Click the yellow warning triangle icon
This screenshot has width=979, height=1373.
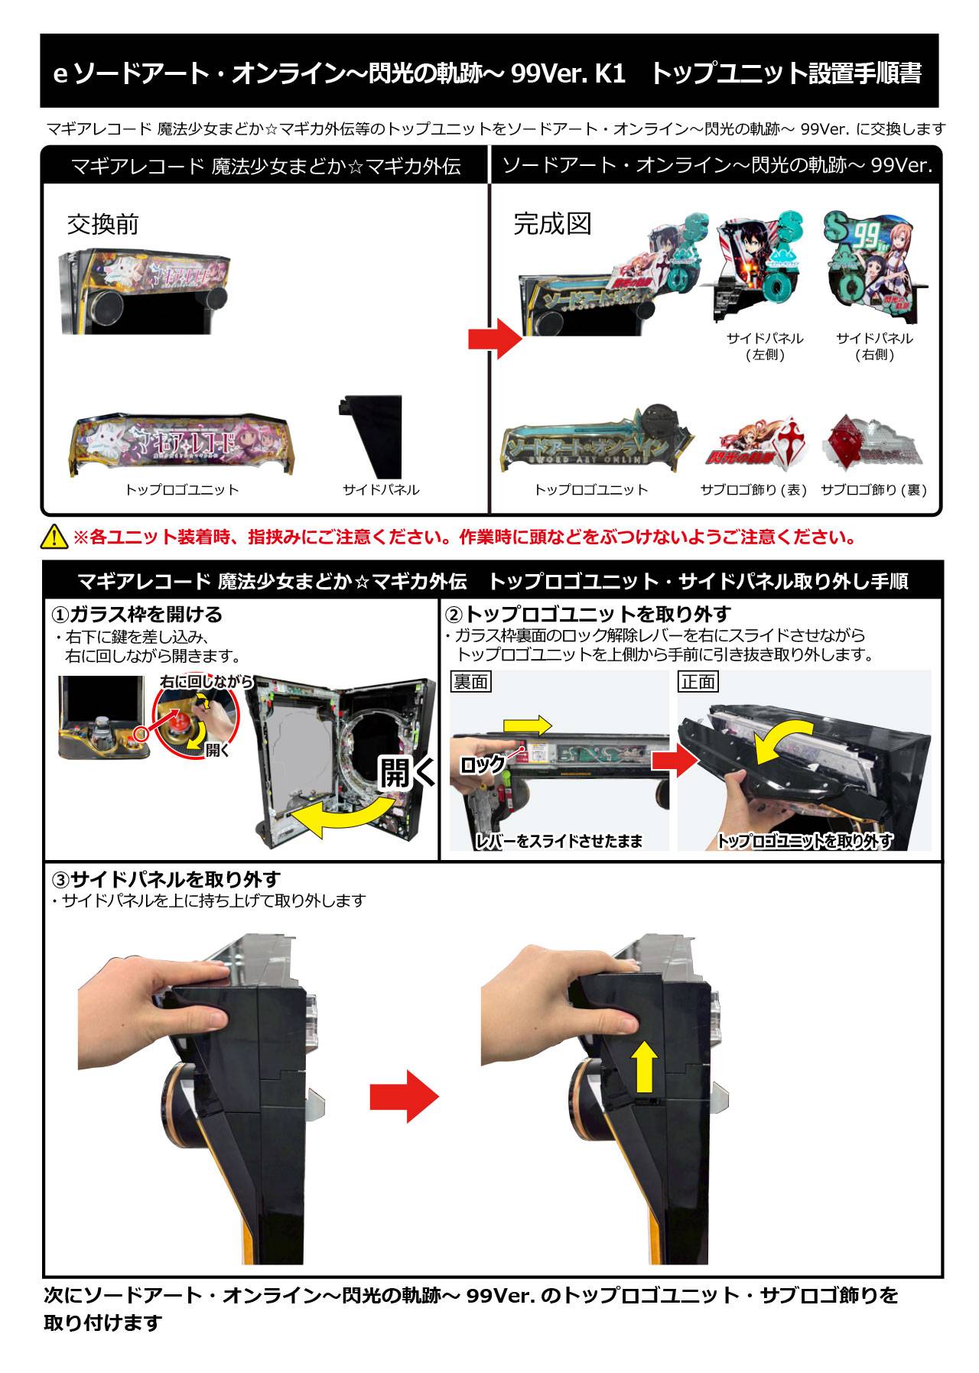55,537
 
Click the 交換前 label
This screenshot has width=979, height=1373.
103,224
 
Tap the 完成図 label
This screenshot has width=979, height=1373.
552,224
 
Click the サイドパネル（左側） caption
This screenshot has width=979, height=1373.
765,346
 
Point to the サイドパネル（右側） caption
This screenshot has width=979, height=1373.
874,346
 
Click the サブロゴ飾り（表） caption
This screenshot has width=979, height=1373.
754,490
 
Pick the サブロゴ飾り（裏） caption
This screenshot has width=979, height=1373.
874,490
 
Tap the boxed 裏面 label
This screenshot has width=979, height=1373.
470,681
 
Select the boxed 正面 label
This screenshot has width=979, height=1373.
698,681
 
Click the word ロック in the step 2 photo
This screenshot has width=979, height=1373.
483,764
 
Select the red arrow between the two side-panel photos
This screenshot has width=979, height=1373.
404,1095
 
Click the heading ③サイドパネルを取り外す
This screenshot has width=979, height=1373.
166,879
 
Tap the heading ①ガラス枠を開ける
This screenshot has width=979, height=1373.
137,614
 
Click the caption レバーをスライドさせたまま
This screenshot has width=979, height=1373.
559,841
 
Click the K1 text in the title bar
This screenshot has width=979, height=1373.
610,73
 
